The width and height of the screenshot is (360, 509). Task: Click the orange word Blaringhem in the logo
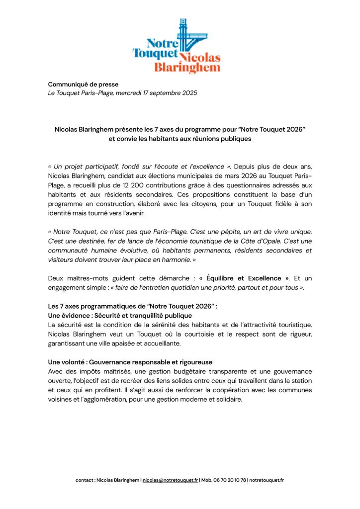(x=187, y=68)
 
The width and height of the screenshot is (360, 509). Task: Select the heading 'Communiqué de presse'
(x=83, y=84)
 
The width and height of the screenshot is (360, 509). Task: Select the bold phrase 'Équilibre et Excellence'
(x=244, y=278)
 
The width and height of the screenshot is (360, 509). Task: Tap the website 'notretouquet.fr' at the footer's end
(x=267, y=480)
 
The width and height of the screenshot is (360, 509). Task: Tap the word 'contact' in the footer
(x=84, y=480)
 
